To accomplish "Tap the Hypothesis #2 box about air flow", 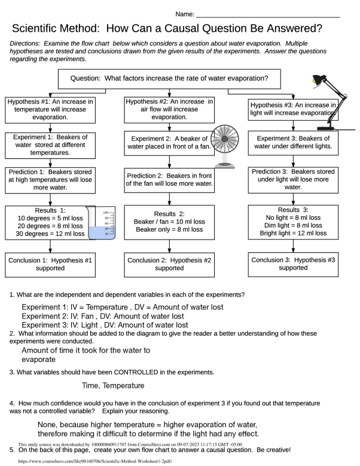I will point(169,109).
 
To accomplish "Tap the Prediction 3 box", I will point(292,179).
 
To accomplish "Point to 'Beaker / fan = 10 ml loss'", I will point(169,222).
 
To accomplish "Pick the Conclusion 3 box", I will point(292,264).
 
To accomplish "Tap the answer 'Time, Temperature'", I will point(113,386).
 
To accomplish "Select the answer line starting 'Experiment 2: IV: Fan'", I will point(104,316).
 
